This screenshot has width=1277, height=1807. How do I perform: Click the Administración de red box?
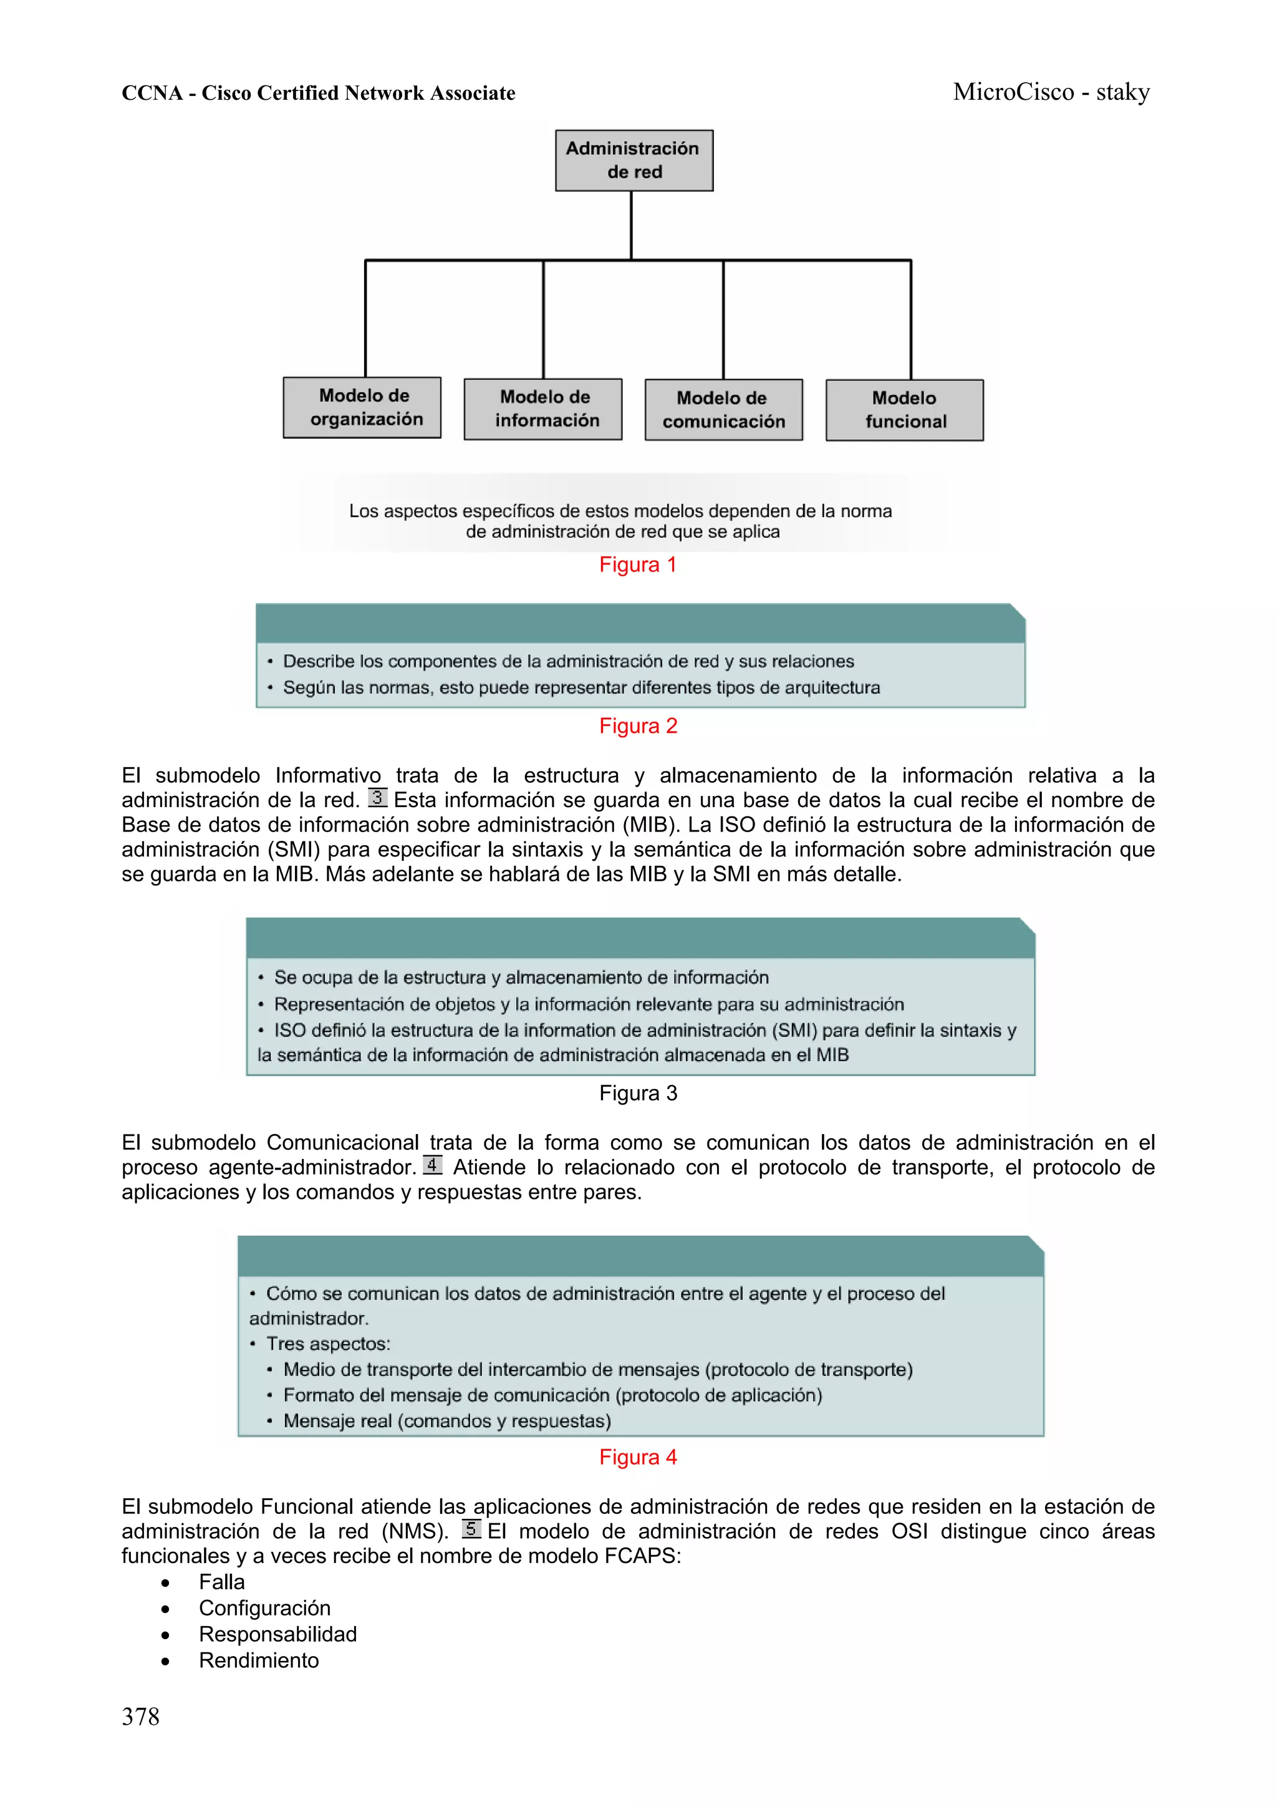click(x=634, y=160)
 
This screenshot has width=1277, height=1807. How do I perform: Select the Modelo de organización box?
click(x=362, y=408)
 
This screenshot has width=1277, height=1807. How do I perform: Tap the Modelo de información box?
click(x=543, y=409)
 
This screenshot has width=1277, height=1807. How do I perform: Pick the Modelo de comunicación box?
click(x=723, y=410)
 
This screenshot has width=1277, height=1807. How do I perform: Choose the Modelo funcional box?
click(x=904, y=410)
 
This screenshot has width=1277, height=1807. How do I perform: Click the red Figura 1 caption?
click(x=637, y=564)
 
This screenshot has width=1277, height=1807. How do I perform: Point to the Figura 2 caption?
click(x=637, y=725)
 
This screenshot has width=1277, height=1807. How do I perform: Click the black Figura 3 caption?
click(x=637, y=1093)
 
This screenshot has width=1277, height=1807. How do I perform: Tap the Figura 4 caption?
click(x=637, y=1457)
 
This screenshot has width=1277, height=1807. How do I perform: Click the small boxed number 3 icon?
click(x=377, y=798)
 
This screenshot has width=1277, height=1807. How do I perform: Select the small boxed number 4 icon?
click(x=432, y=1165)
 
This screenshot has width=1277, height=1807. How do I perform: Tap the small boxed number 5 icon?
click(x=471, y=1528)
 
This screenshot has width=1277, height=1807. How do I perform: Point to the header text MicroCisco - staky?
click(x=1051, y=92)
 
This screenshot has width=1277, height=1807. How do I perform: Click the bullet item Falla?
click(x=221, y=1582)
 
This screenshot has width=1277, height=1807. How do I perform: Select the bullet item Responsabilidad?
click(x=277, y=1634)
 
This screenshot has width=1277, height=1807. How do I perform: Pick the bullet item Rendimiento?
click(x=258, y=1660)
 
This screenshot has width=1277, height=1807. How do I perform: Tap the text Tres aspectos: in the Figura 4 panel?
click(x=328, y=1344)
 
